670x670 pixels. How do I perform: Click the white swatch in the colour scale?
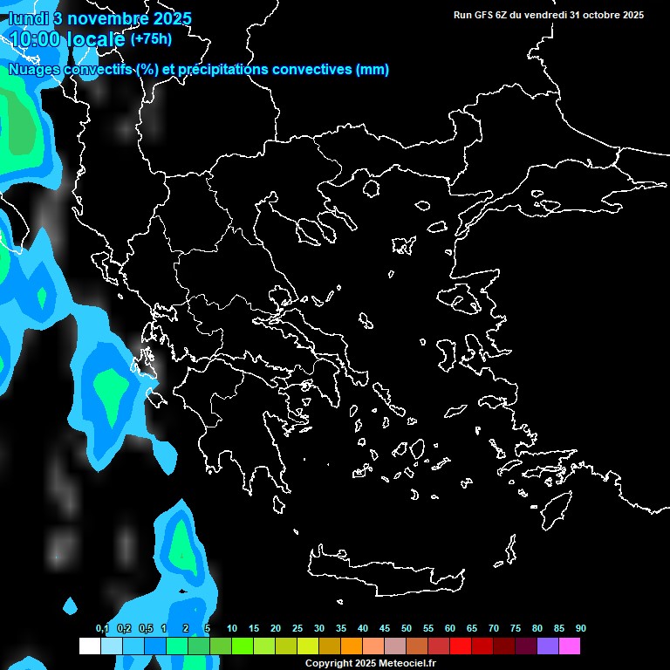89,646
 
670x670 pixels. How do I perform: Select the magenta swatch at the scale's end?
570,646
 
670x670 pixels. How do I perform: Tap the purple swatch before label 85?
548,646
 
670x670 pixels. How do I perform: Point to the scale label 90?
580,629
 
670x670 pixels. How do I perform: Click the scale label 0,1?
102,629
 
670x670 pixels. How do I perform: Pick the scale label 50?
407,629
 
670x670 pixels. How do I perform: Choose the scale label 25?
297,629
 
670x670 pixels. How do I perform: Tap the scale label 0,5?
146,629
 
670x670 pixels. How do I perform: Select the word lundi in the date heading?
29,18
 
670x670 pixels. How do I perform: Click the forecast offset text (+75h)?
151,38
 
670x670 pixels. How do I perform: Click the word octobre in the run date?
594,15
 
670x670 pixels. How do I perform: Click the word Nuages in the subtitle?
34,70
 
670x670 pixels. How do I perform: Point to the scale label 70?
494,629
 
